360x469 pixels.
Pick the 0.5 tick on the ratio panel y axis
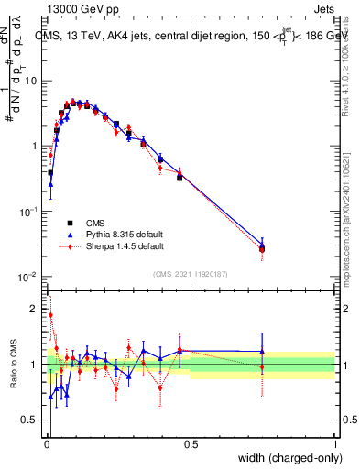[x=32, y=420]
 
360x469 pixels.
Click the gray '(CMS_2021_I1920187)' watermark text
[x=191, y=273]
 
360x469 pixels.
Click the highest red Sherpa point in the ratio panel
[x=50, y=315]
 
